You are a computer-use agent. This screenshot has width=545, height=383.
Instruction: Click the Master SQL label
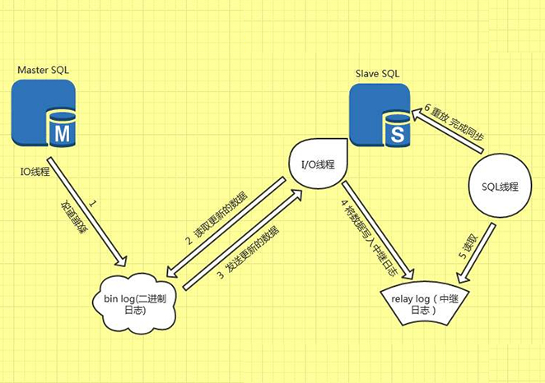43,71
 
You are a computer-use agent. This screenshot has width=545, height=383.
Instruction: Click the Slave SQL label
378,75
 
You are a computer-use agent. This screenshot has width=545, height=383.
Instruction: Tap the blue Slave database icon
380,116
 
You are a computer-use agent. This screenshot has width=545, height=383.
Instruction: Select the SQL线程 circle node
499,186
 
